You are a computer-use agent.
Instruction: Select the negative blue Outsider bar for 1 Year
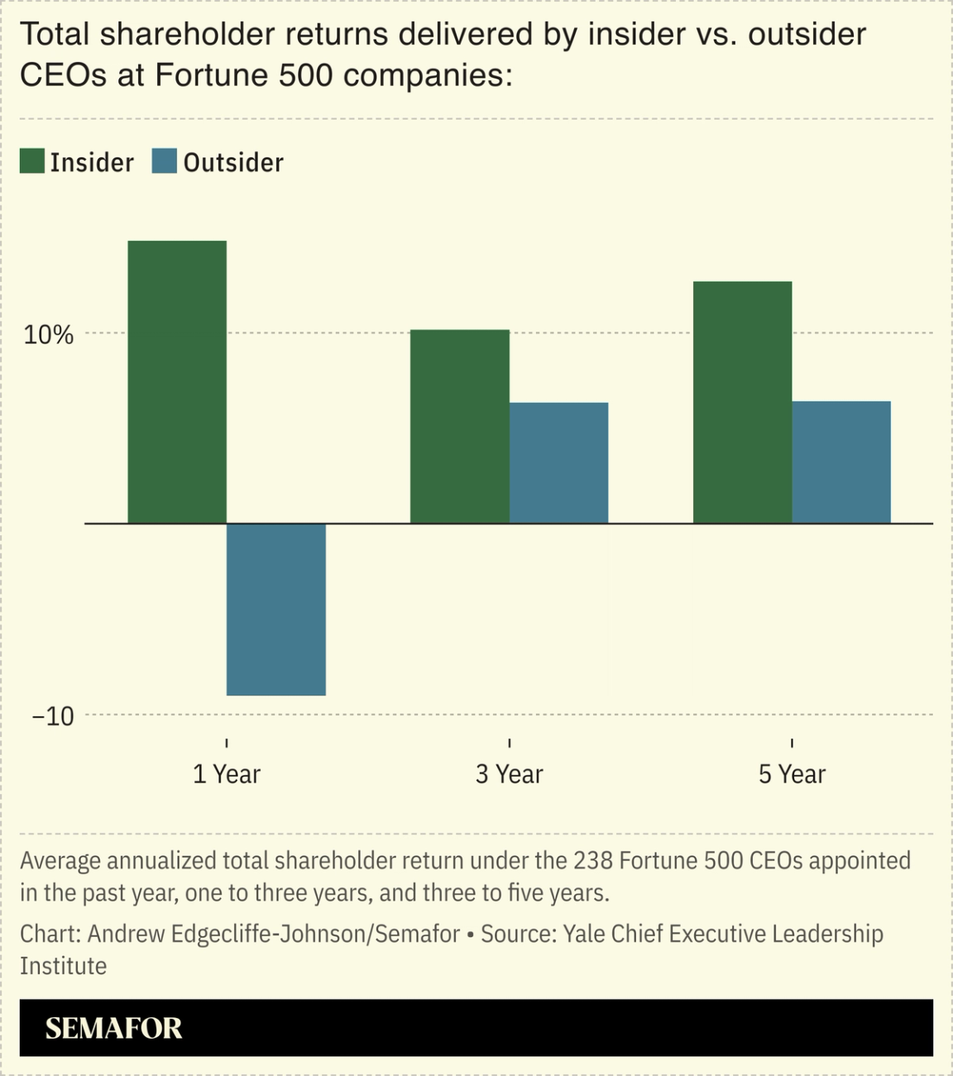276,610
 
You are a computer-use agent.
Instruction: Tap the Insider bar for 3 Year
460,427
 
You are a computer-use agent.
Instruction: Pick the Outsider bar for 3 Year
558,463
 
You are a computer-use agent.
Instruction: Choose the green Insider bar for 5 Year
742,403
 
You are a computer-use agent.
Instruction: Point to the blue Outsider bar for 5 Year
841,462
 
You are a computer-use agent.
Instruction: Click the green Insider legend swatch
32,161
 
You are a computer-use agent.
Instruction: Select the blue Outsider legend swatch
165,161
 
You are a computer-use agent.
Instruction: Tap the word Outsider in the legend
233,163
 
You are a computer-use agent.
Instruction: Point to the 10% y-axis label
49,335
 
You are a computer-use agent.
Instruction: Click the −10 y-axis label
53,716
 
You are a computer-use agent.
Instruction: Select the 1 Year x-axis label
226,774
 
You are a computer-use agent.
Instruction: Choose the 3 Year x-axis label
509,774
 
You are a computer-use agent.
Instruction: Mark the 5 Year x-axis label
792,774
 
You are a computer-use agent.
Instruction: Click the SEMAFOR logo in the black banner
113,1028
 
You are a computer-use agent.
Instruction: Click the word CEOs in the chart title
63,75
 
